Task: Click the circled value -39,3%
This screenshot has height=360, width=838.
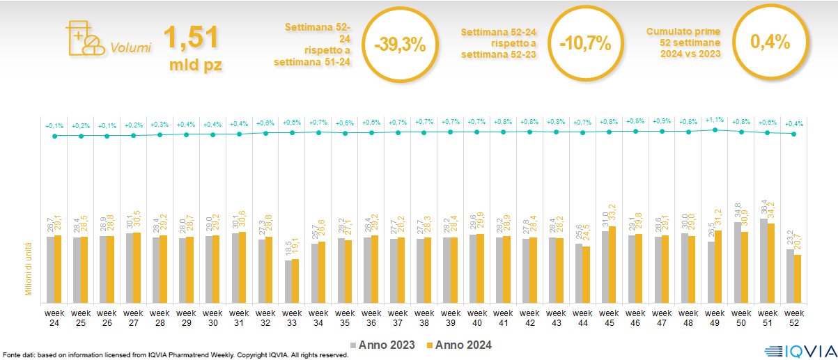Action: pos(399,43)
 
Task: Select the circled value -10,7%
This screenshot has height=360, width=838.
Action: pos(584,43)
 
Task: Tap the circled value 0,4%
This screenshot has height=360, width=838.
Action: pos(770,42)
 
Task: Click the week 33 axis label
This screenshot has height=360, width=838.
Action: pos(292,318)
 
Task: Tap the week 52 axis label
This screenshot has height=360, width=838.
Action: pos(794,318)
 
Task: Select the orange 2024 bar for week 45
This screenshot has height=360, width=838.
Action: pos(612,265)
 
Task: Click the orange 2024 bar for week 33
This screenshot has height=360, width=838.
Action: pos(295,281)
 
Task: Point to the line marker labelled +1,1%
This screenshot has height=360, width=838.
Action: pos(715,130)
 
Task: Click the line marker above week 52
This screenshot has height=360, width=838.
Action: pos(793,134)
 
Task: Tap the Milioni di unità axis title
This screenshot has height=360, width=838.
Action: pos(29,269)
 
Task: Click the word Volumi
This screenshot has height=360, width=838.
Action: pos(130,48)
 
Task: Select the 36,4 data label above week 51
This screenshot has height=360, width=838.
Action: pos(763,207)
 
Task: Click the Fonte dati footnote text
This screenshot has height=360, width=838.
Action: pos(175,355)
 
